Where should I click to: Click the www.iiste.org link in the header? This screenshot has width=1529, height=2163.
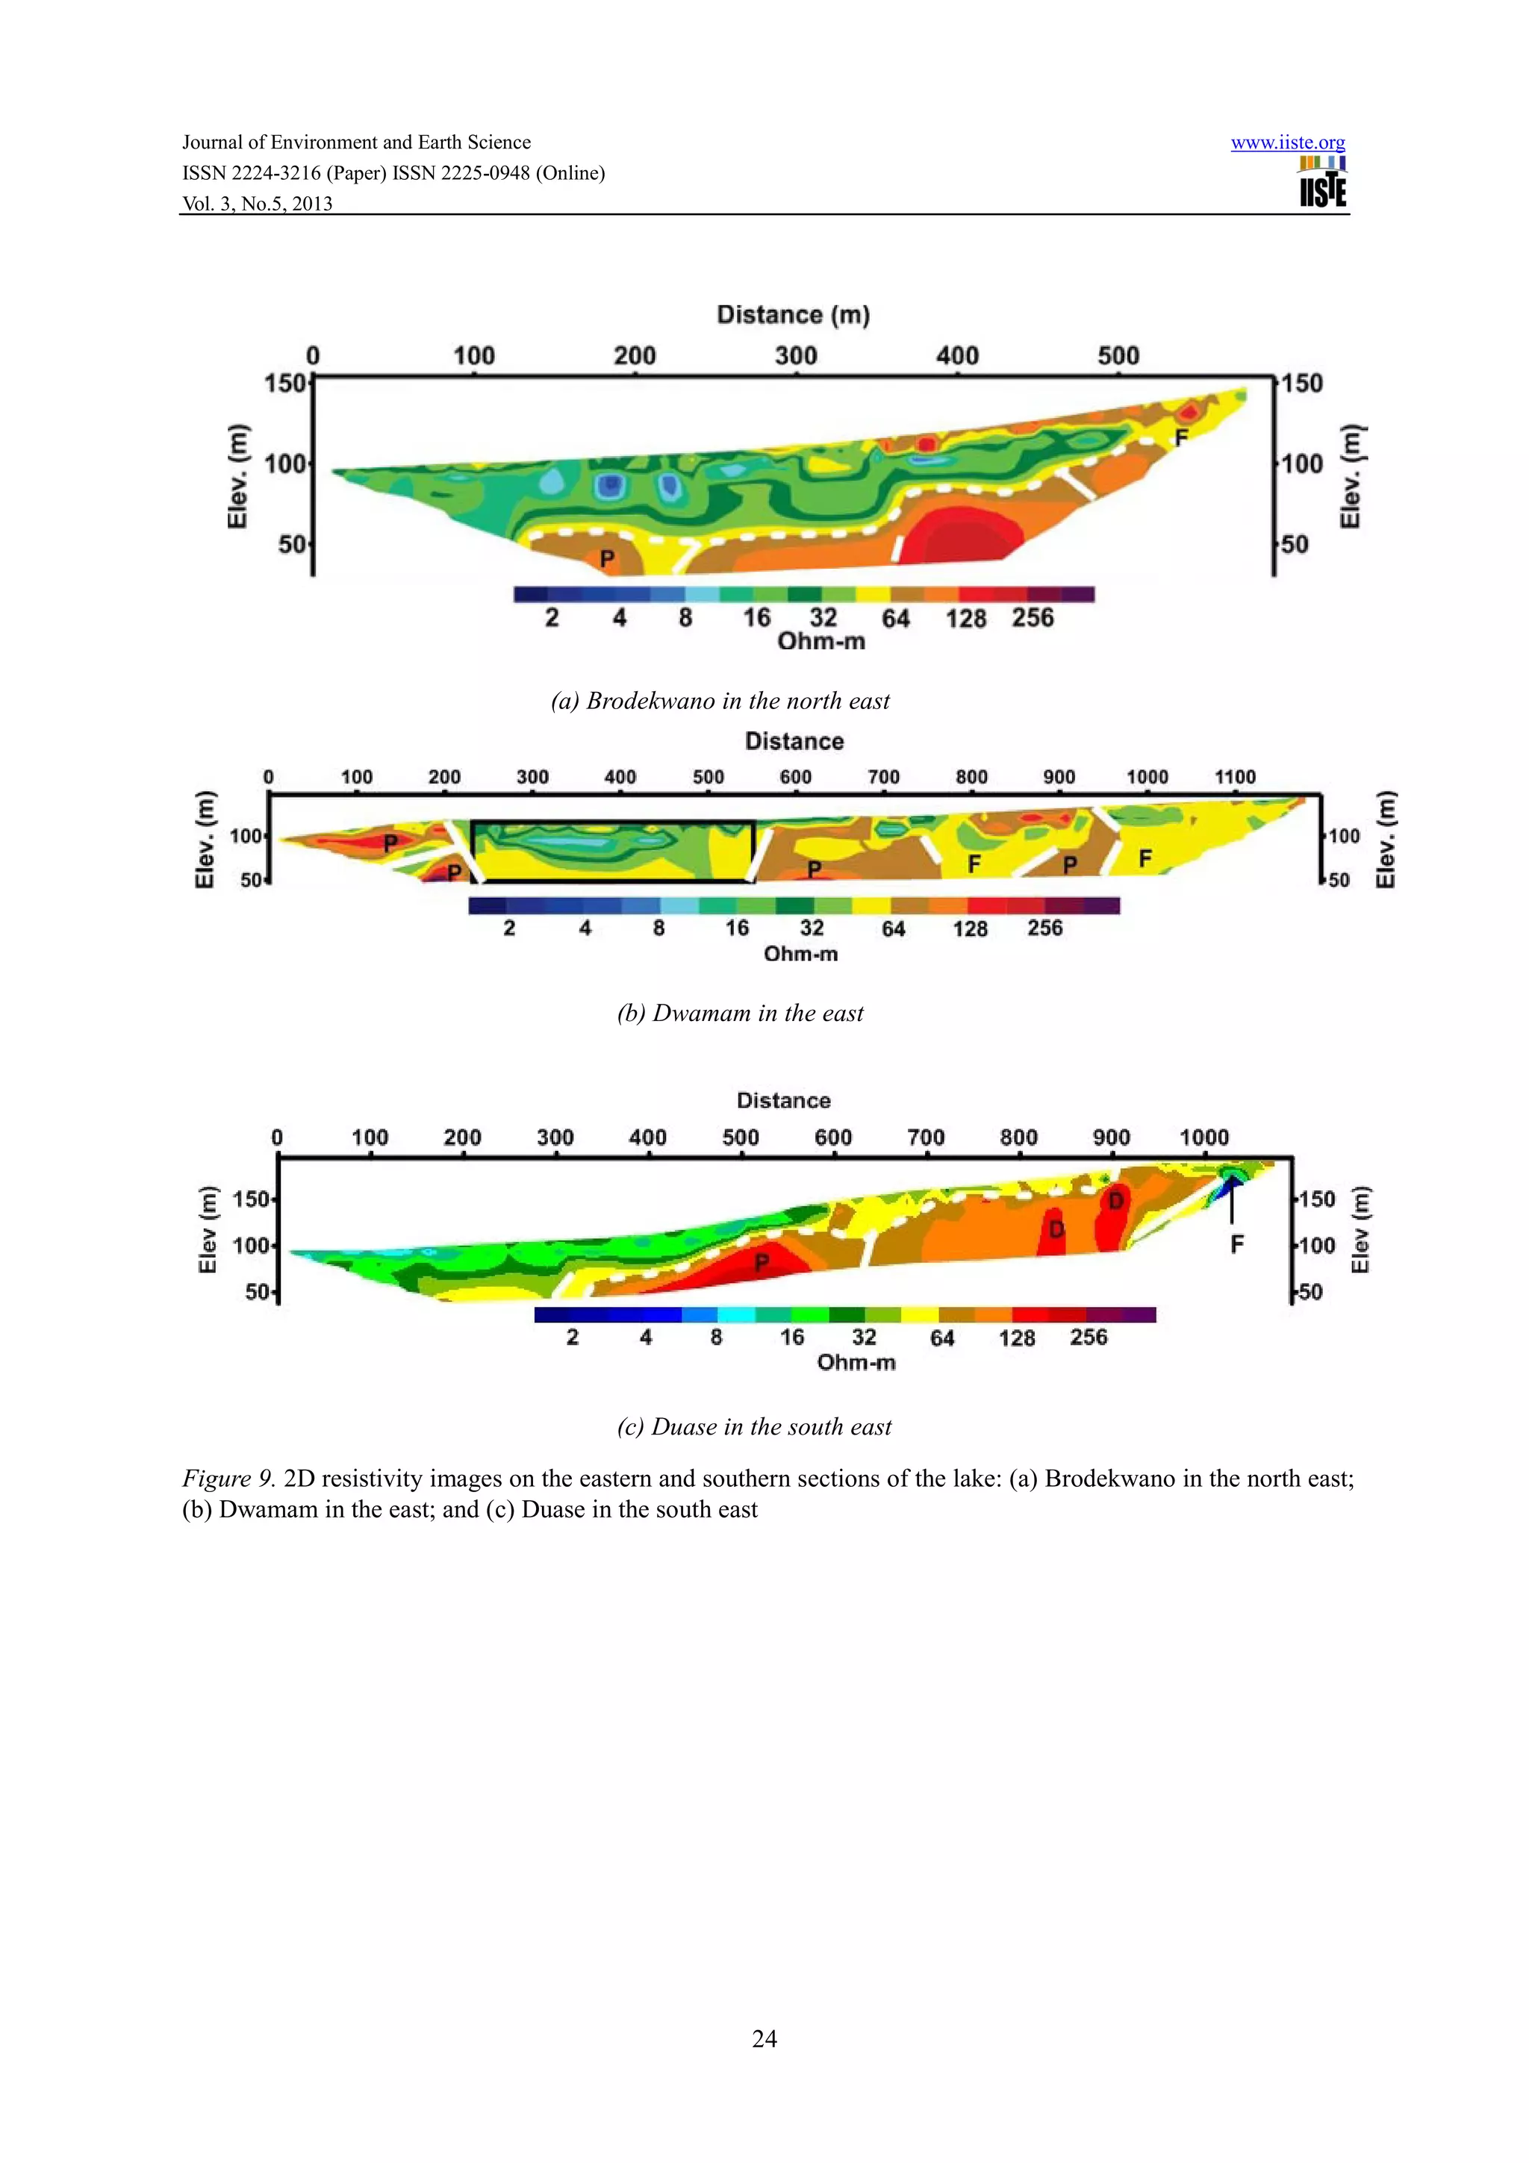1287,143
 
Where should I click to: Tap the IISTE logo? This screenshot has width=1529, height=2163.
1323,183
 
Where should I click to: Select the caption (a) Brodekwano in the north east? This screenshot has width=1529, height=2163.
720,701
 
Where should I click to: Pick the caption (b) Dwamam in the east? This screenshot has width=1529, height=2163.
740,1014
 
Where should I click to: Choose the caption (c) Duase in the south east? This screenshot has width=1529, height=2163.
753,1427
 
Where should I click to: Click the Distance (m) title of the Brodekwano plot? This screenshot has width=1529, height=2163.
793,315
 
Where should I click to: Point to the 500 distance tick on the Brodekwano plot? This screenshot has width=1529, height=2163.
1118,356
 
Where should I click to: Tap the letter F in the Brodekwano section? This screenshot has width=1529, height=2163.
1181,437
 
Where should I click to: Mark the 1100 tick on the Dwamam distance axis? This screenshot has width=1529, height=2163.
1234,777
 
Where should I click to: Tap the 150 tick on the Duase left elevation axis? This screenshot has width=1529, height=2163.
251,1199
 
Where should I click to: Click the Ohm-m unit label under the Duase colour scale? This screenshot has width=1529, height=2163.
856,1362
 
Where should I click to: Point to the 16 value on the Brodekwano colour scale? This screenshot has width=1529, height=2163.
756,618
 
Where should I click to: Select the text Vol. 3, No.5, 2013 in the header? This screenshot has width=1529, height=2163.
257,204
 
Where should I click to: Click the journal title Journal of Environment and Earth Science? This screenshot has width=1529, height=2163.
356,143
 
